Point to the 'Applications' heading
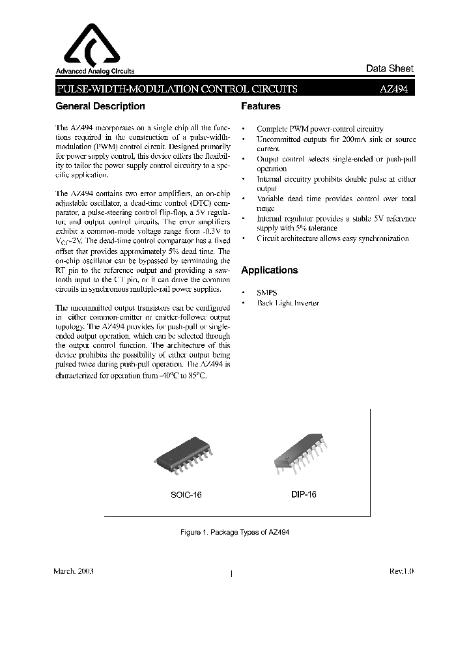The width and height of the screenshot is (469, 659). point(269,270)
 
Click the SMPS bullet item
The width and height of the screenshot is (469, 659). point(266,293)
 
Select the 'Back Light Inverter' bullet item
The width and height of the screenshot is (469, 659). point(288,304)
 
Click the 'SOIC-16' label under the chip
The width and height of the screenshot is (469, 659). point(186,495)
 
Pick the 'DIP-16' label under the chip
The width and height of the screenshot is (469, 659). point(304,495)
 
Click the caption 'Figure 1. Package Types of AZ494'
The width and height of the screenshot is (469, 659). point(234,533)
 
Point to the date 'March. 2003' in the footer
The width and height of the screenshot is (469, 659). point(73,570)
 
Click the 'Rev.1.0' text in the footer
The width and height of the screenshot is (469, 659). point(401,570)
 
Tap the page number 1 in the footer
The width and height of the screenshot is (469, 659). point(233,574)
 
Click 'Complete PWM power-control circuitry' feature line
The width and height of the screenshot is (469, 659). point(320,130)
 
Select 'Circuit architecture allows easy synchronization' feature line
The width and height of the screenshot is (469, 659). point(332,238)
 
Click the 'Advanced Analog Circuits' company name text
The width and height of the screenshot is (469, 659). point(94,72)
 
